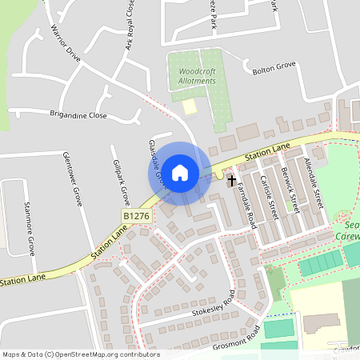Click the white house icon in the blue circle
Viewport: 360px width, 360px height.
tap(180, 172)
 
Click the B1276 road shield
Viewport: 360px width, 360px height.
tap(137, 217)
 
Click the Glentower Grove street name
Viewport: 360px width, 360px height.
tap(72, 178)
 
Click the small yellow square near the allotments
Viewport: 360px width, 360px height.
tap(189, 106)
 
